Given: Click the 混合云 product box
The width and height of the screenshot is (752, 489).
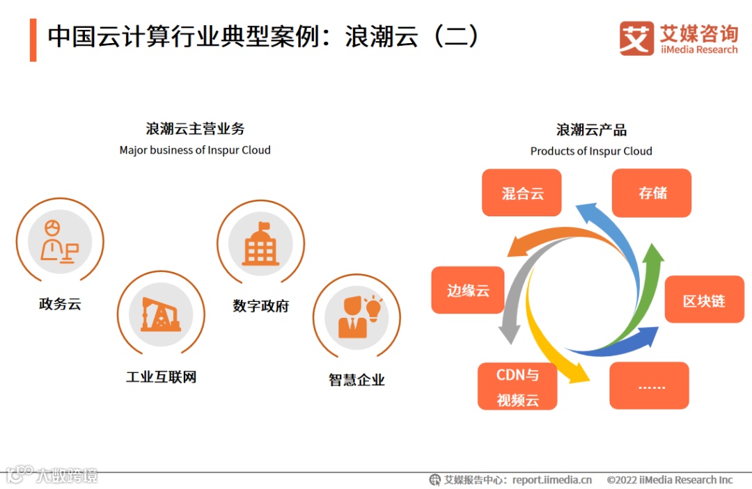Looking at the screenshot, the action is click(522, 193).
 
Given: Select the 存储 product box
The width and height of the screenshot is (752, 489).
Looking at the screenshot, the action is click(652, 193).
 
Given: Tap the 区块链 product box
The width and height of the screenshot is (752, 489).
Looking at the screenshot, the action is click(704, 300).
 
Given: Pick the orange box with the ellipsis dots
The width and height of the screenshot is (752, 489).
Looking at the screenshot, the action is click(649, 385).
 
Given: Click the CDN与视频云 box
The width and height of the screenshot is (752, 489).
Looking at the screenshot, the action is click(517, 386).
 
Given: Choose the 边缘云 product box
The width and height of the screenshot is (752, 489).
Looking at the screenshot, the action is click(468, 290).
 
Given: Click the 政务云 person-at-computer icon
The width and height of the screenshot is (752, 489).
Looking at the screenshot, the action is click(59, 241).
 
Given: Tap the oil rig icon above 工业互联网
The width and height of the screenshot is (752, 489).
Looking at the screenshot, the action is click(161, 314).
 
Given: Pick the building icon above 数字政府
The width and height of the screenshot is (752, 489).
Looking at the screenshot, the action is click(260, 243).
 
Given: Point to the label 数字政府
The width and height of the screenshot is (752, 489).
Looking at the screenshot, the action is click(260, 306).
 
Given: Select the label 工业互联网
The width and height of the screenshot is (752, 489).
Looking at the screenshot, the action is click(161, 377).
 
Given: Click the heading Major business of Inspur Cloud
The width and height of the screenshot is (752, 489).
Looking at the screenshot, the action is click(195, 150).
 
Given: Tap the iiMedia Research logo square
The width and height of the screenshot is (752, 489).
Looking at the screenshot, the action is click(636, 38).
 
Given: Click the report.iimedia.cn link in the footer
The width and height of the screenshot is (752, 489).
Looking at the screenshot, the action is click(551, 479).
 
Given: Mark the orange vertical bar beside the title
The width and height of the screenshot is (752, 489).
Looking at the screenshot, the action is click(33, 40).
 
